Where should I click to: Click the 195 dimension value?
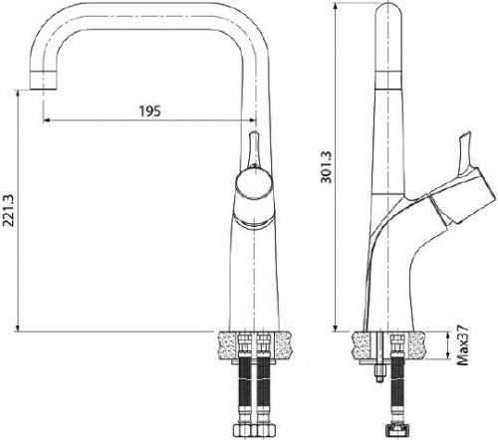click(149, 111)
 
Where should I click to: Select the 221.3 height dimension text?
click(8, 211)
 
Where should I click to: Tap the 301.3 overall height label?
click(326, 167)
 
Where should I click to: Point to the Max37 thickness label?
click(462, 345)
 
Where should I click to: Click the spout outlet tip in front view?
click(43, 80)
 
